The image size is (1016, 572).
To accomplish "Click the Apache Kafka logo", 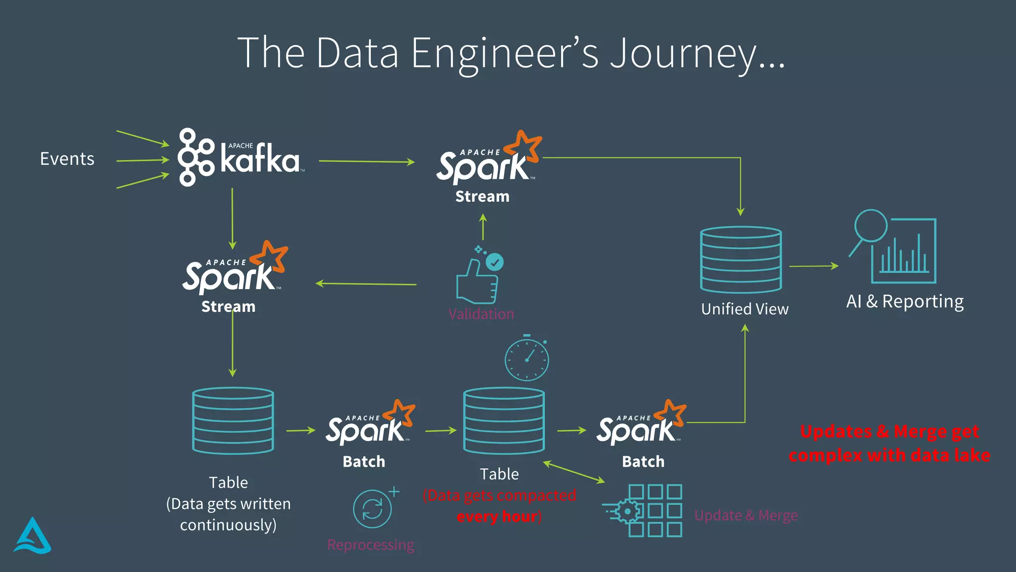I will click(x=240, y=158).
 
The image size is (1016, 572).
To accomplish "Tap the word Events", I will click(x=67, y=159).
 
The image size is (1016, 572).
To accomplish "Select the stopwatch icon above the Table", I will click(x=527, y=358).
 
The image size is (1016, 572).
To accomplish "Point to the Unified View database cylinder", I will click(x=741, y=260).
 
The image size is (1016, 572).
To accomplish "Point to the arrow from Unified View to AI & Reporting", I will click(x=814, y=266).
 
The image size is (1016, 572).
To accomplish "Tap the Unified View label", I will click(x=745, y=309).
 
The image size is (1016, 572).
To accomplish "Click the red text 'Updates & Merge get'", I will click(x=889, y=431).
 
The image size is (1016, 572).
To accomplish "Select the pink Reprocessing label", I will click(x=371, y=545).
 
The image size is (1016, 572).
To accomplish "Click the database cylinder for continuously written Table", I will click(x=233, y=421).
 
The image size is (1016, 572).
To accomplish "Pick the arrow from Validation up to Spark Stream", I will click(x=483, y=227).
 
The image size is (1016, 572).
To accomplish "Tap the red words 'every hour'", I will click(x=497, y=516).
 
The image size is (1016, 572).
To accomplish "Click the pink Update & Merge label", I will click(x=746, y=515).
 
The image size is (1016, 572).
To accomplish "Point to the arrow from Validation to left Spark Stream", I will click(x=366, y=284).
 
